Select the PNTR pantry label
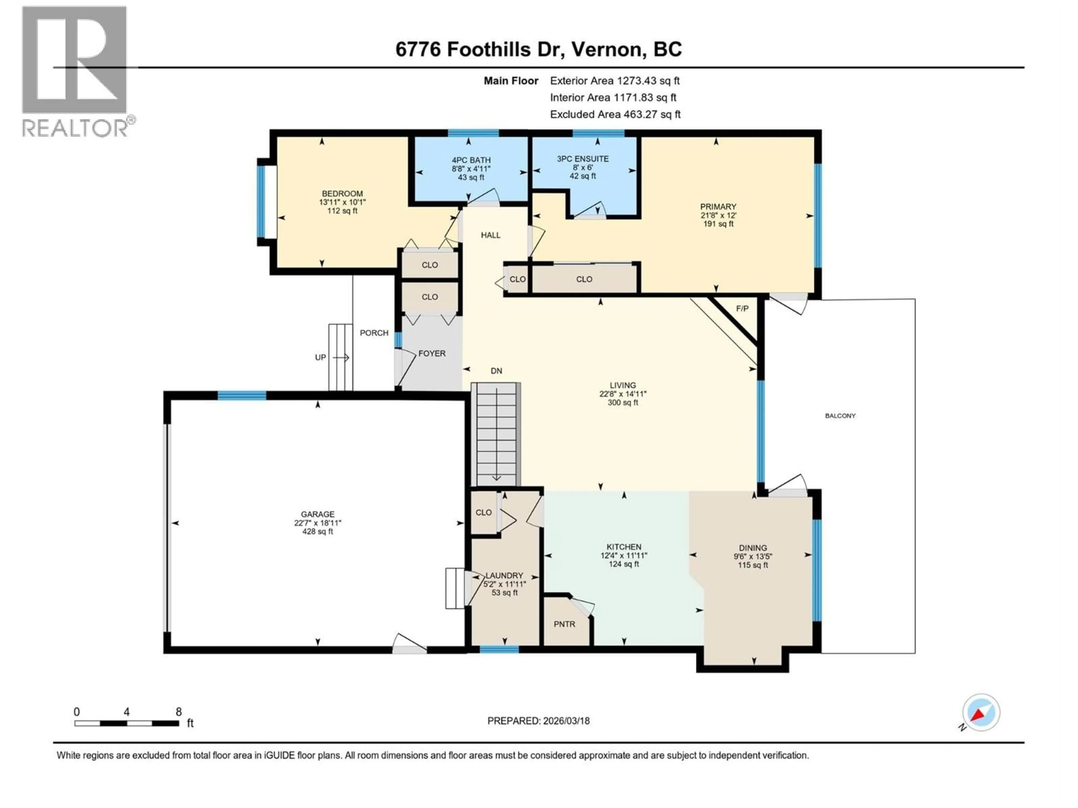coord(564,624)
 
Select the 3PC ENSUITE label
coord(583,159)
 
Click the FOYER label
coord(432,353)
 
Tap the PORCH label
coord(374,333)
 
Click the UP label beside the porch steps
coord(320,357)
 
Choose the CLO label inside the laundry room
coord(483,512)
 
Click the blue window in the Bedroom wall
coord(261,202)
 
